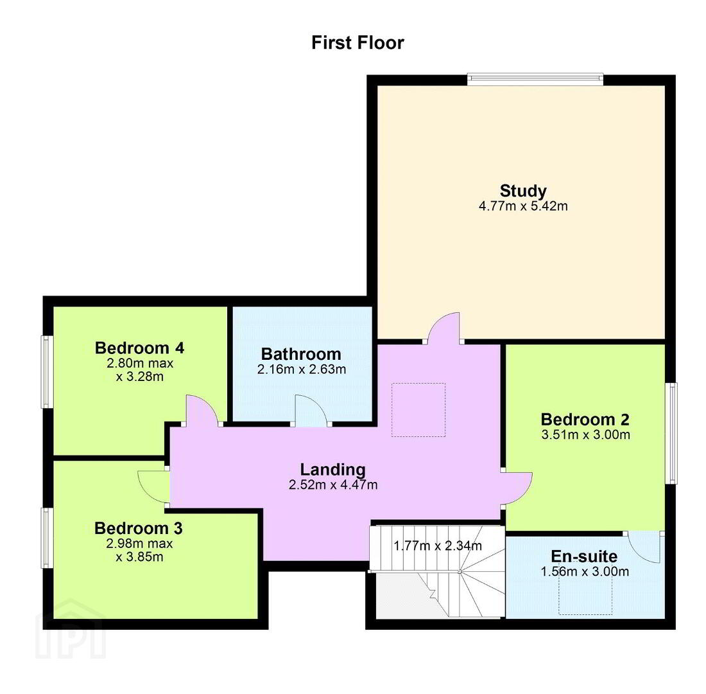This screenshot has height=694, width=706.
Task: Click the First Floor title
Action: (357, 43)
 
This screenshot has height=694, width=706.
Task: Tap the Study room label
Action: (523, 191)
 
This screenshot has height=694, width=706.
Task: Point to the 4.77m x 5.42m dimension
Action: (523, 206)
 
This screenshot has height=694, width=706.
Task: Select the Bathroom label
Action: (301, 354)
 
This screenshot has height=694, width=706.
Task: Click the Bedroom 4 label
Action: (139, 348)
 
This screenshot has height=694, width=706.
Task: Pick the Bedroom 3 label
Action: (139, 528)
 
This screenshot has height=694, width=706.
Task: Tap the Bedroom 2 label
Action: (585, 420)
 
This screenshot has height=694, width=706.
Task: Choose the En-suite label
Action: (584, 556)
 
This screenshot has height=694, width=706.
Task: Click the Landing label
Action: (332, 470)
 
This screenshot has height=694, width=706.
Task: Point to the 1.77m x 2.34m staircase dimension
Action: (438, 546)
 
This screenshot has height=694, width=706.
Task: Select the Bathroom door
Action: (311, 409)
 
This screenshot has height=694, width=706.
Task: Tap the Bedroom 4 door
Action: (201, 409)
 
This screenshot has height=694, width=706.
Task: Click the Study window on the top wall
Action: (535, 80)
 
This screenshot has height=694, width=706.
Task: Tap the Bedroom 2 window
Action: (671, 433)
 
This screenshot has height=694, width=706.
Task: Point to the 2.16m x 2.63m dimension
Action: (302, 369)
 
